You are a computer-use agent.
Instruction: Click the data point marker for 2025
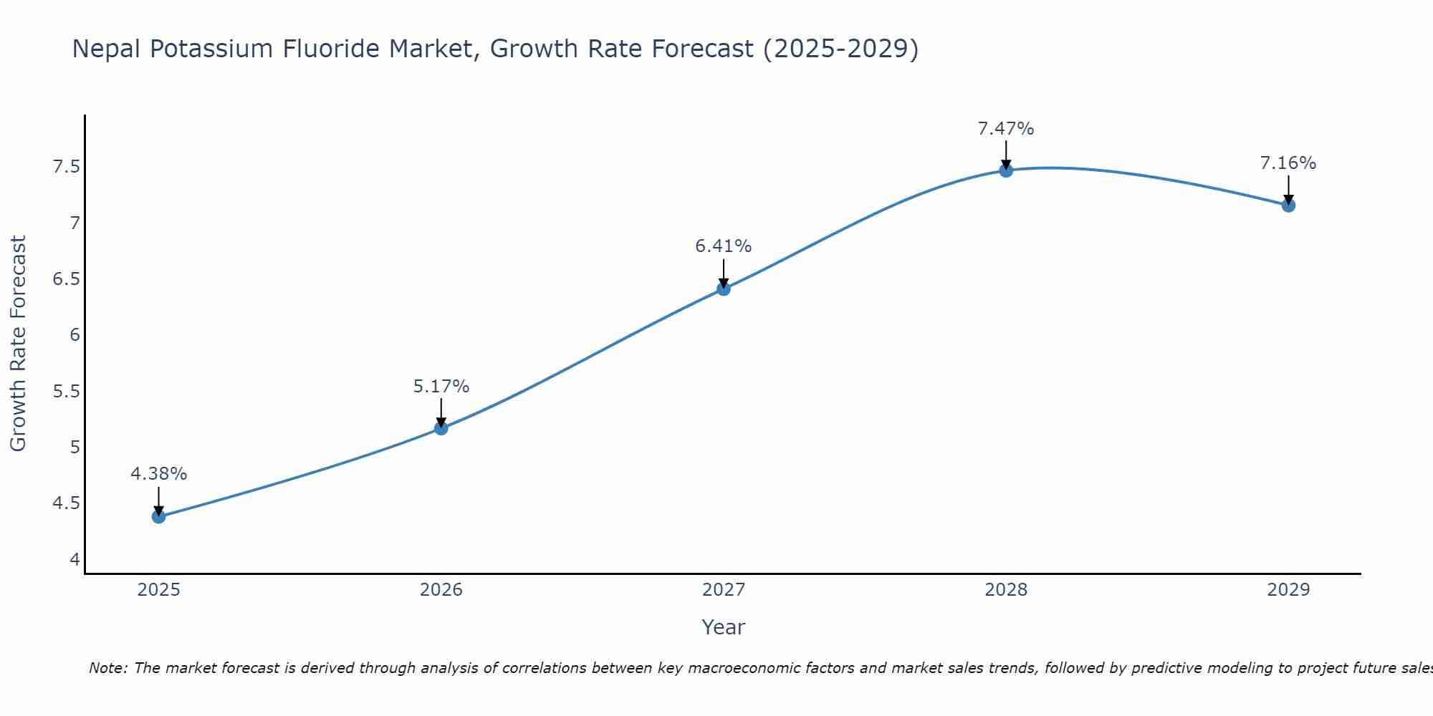[159, 516]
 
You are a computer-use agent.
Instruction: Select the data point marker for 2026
[441, 428]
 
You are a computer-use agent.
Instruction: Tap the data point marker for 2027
[724, 289]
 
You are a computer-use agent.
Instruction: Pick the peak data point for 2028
[1006, 170]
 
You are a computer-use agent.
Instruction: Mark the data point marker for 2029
[1288, 205]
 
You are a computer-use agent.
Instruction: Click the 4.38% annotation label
[159, 474]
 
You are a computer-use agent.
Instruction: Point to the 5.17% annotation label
[441, 387]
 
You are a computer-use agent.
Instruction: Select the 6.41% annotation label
[724, 246]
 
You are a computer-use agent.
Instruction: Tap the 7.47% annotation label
[1006, 129]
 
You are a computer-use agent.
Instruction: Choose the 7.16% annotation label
[1288, 163]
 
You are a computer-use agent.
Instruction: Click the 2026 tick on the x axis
[441, 590]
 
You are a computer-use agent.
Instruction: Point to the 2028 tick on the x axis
[1006, 590]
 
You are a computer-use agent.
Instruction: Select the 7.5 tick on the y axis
[66, 167]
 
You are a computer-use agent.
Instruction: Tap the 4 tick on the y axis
[75, 559]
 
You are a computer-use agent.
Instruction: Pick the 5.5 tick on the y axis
[66, 391]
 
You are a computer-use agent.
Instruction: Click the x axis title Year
[724, 627]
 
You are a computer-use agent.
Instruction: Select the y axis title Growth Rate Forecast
[18, 344]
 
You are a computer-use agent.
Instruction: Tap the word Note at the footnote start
[107, 668]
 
